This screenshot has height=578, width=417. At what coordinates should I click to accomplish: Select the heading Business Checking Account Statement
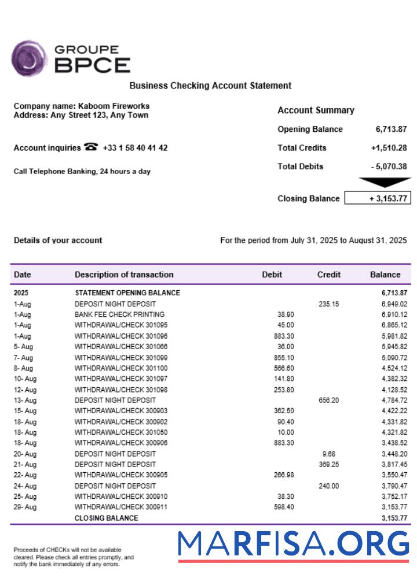coord(210,86)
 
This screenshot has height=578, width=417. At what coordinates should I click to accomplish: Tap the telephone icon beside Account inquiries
coord(91,147)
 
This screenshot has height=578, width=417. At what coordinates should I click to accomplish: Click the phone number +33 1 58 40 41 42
coord(135,148)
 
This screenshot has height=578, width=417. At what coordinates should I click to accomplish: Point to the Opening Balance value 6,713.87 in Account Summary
coord(391,129)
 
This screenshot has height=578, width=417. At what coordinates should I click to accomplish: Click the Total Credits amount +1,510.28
coord(389,148)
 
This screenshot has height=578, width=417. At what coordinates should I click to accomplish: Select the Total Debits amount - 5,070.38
coord(389,166)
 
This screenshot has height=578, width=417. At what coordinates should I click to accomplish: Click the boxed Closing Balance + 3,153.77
coord(378,198)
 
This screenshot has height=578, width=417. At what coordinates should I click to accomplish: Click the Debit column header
coord(272,275)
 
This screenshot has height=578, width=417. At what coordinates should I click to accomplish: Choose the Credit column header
coord(329,275)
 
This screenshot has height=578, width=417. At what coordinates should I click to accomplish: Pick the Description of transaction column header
coord(124,275)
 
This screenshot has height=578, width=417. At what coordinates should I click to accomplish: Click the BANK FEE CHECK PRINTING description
coord(119,314)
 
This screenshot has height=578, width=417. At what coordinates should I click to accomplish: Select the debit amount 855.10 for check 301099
coord(283,358)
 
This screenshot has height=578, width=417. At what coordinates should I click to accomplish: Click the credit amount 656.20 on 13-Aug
coord(329,400)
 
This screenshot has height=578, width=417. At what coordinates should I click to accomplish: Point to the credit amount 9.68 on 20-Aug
coord(329,454)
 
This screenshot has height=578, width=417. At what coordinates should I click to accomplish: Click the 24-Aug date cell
coord(24,486)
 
